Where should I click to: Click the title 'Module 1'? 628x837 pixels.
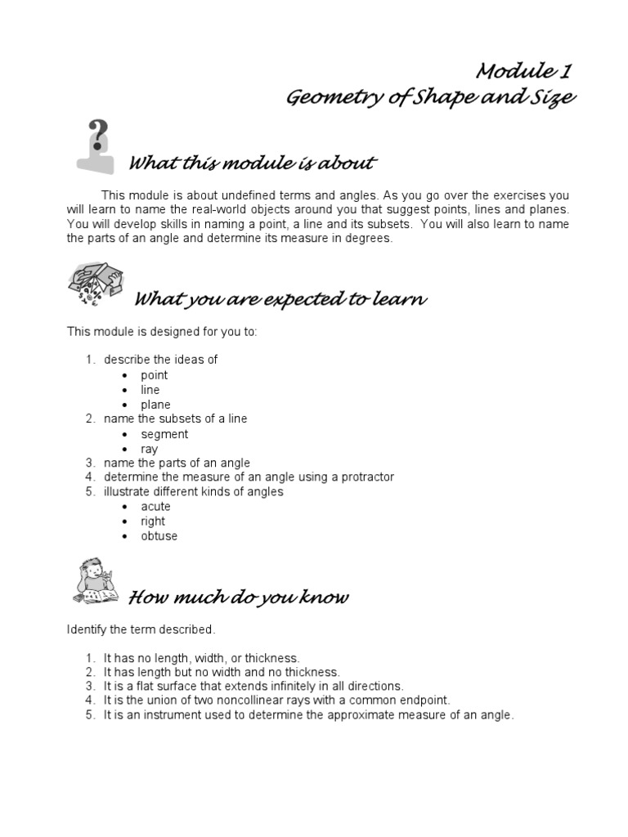point(523,71)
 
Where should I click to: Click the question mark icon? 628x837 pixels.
point(96,145)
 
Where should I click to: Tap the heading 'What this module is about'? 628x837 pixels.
point(253,163)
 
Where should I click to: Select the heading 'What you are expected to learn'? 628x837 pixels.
point(280,299)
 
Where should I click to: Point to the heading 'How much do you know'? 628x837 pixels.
point(239,598)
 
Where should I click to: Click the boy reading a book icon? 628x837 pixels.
point(95,581)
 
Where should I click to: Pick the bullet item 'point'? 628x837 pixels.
point(154,375)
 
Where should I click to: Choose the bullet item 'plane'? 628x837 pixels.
point(155,405)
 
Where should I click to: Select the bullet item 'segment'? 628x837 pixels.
point(164,434)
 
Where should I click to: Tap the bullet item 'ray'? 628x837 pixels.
point(150,449)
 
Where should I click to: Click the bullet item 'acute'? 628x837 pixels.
point(155,507)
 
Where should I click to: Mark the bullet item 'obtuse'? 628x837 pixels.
point(159,536)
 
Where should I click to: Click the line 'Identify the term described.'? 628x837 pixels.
point(141,629)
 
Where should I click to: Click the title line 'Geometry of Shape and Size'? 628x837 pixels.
point(430,98)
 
